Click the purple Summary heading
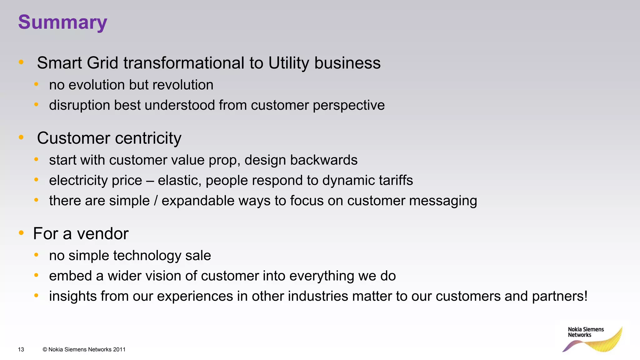tap(62, 22)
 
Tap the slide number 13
tap(21, 349)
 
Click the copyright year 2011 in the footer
tap(119, 349)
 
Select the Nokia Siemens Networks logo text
tap(586, 332)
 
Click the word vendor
tap(103, 234)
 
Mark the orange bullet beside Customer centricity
tap(21, 137)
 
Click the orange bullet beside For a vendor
tap(21, 233)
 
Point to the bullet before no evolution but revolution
tap(36, 84)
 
